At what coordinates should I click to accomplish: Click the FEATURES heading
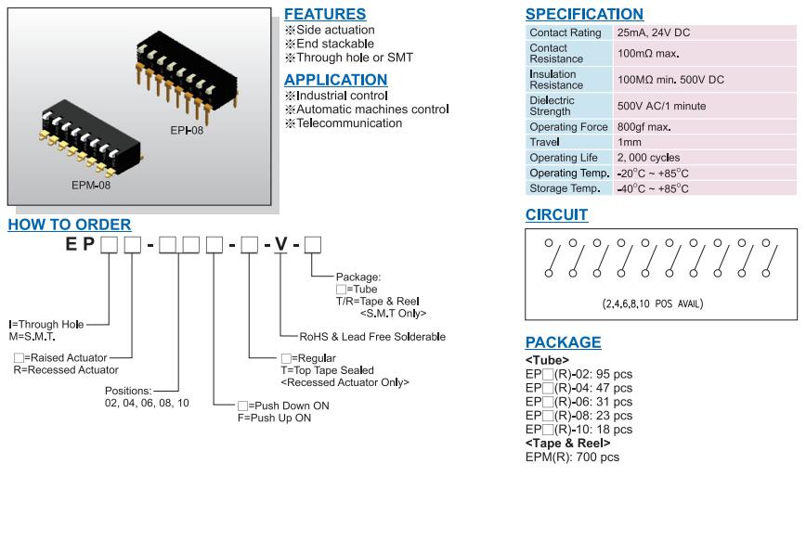click(324, 15)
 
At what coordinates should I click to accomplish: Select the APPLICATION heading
click(335, 80)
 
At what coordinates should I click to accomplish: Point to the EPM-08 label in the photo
click(91, 185)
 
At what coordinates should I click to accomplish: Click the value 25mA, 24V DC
click(653, 32)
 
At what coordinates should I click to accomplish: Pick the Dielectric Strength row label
click(552, 106)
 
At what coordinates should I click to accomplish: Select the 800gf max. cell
click(643, 127)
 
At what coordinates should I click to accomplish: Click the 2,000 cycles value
click(648, 158)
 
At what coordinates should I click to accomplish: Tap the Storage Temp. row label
click(565, 188)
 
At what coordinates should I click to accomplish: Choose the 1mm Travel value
click(629, 142)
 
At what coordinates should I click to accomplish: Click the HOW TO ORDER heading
click(70, 225)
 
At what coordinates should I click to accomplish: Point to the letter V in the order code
click(280, 245)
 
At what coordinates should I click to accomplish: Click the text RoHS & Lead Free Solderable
click(372, 337)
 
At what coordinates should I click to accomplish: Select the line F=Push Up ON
click(274, 418)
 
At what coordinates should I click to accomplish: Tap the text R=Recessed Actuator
click(63, 370)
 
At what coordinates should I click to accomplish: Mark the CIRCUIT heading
click(556, 215)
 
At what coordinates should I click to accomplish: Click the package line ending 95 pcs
click(578, 374)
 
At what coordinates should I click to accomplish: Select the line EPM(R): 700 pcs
click(572, 457)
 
